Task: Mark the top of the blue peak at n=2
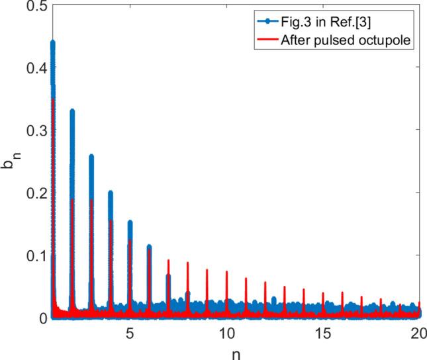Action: tap(72, 111)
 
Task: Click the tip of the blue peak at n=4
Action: tap(111, 192)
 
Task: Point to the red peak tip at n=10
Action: tap(226, 271)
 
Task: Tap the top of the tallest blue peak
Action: tap(52, 42)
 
